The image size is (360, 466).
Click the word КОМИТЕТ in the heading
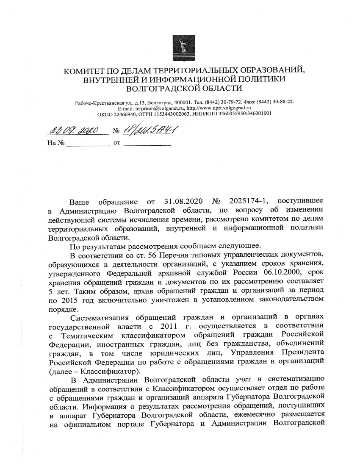click(84, 70)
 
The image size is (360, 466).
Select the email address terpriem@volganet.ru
click(152, 108)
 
